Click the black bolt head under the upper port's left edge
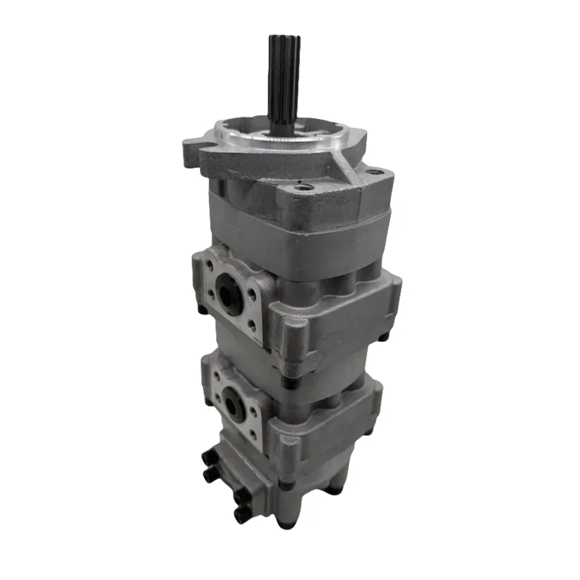coord(203,310)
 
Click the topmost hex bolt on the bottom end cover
coord(204,457)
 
